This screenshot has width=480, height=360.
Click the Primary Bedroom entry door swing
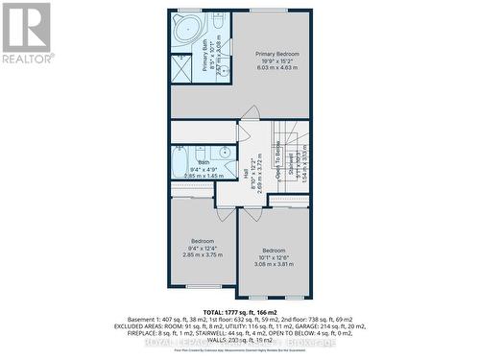tap(250, 113)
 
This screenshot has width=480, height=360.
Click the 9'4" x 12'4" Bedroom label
tap(203, 240)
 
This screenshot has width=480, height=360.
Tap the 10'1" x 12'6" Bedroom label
tap(274, 252)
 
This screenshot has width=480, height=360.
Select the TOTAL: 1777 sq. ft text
tap(227, 311)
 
